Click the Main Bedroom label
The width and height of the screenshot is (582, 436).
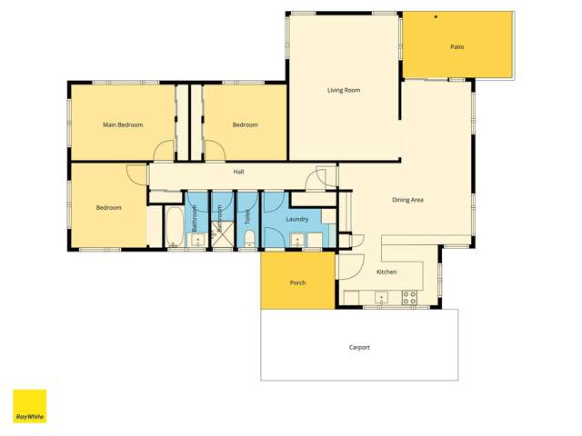click(x=123, y=124)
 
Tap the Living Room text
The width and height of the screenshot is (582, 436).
click(x=345, y=90)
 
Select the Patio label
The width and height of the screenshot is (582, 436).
click(x=457, y=46)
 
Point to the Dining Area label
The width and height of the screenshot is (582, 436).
click(x=407, y=200)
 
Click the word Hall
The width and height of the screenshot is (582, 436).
click(x=238, y=172)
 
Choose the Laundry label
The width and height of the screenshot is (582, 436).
click(x=296, y=219)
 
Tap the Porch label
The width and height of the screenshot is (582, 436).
click(x=297, y=282)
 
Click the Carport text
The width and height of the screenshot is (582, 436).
click(x=359, y=348)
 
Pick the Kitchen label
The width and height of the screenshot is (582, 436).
click(x=386, y=272)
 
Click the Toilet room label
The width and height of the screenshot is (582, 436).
click(x=247, y=217)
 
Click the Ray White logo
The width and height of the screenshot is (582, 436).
click(x=29, y=406)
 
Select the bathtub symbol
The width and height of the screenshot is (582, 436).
click(x=175, y=227)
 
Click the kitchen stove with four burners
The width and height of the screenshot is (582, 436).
click(x=409, y=296)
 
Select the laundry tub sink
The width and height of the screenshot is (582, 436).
click(x=297, y=241)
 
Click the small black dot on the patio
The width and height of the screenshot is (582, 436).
click(x=436, y=17)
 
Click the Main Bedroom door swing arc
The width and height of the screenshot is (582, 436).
click(x=164, y=151)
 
